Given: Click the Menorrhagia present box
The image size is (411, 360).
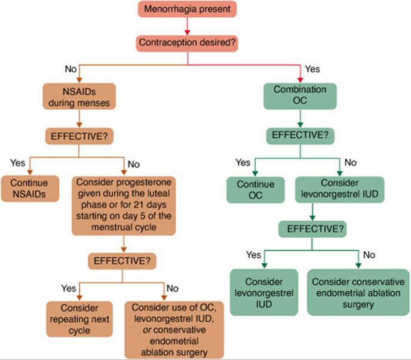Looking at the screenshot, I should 187,9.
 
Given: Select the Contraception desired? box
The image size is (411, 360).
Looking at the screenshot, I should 187,43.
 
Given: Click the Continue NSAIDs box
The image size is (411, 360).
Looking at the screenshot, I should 30,188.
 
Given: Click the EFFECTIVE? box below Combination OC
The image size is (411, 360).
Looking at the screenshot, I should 300,135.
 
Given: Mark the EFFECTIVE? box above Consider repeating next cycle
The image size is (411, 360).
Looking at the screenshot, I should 122,260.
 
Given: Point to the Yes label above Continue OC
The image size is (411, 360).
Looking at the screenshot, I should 243,162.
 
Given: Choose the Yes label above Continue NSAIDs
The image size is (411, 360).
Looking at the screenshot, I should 18,162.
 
